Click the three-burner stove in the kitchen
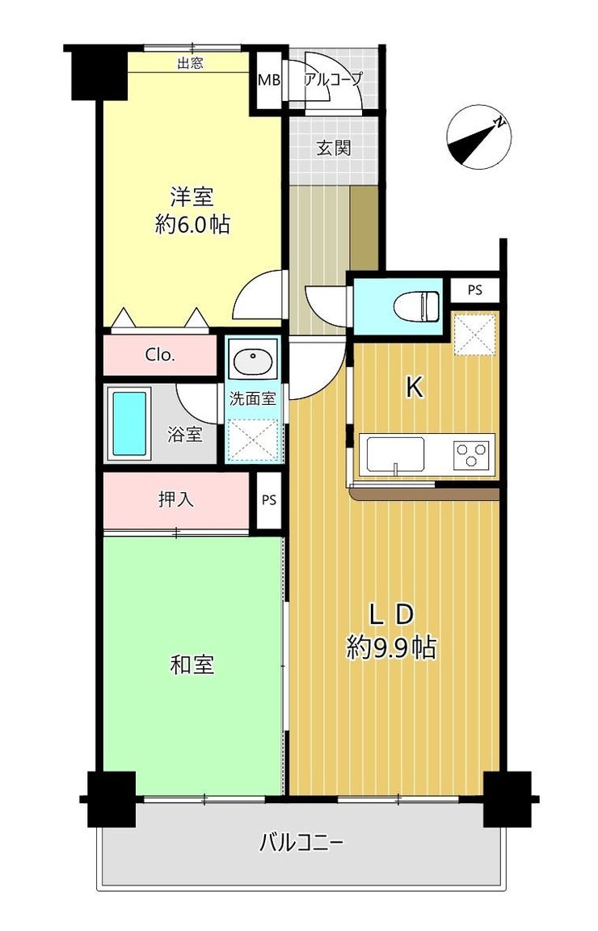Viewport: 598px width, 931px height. (x=473, y=455)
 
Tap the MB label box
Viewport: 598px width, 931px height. (x=268, y=80)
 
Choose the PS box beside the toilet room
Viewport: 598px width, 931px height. (x=474, y=290)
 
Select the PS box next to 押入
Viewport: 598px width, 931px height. (x=269, y=500)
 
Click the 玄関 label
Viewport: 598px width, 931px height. (x=333, y=148)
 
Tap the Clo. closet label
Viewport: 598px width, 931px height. (x=160, y=355)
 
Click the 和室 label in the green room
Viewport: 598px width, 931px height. (x=192, y=664)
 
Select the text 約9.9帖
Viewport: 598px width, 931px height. (x=391, y=647)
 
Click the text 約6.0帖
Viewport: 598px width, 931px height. (x=192, y=224)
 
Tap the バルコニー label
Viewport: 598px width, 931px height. (x=301, y=842)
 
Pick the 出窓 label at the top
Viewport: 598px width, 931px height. (x=190, y=63)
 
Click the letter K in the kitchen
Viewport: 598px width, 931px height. (x=414, y=388)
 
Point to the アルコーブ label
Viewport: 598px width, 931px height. (x=332, y=78)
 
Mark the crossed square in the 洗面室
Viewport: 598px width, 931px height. (x=254, y=440)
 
